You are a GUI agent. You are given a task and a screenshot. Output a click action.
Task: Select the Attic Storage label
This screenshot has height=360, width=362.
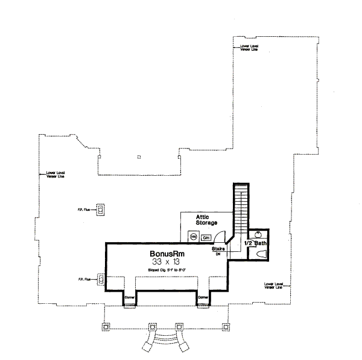(x=206, y=220)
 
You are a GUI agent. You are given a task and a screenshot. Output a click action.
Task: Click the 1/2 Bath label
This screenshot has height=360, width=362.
(x=255, y=243)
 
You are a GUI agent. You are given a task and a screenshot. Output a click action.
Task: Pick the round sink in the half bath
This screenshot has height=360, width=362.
(x=259, y=235)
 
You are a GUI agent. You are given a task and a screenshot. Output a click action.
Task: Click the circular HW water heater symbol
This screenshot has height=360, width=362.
(x=194, y=237)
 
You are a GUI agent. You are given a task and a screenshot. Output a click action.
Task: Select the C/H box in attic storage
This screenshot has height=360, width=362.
(x=206, y=237)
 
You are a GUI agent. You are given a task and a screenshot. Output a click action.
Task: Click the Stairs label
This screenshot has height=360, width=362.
(x=218, y=248)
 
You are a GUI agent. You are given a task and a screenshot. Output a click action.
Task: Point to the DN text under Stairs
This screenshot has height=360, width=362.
(x=218, y=254)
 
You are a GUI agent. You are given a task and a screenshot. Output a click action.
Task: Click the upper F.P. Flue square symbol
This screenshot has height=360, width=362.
(x=101, y=209)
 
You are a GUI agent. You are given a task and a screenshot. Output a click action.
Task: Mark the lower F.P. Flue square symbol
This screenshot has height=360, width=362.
(x=101, y=279)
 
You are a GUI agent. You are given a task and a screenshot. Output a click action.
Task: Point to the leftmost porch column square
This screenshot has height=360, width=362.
(x=107, y=326)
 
